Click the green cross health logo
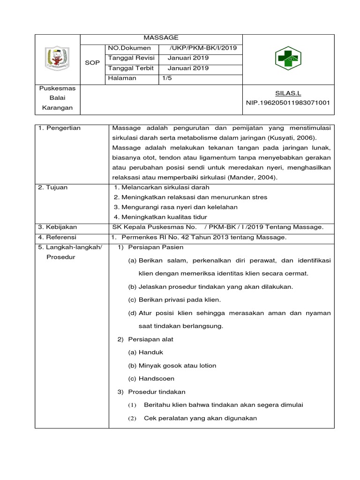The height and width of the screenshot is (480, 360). coord(288,60)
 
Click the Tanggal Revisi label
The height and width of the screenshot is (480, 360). coord(131,58)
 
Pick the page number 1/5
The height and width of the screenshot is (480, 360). coord(167,78)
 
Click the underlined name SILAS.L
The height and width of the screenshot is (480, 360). coord(288,94)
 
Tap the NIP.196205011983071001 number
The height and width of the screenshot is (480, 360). coord(288,103)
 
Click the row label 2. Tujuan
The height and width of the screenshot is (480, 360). coord(53,187)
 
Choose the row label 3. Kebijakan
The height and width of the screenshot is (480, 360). coord(57,227)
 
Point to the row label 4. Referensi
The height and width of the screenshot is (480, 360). coord(57,237)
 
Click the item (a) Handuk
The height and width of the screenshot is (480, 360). coord(145,352)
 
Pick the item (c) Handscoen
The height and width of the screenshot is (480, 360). coord(152,378)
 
